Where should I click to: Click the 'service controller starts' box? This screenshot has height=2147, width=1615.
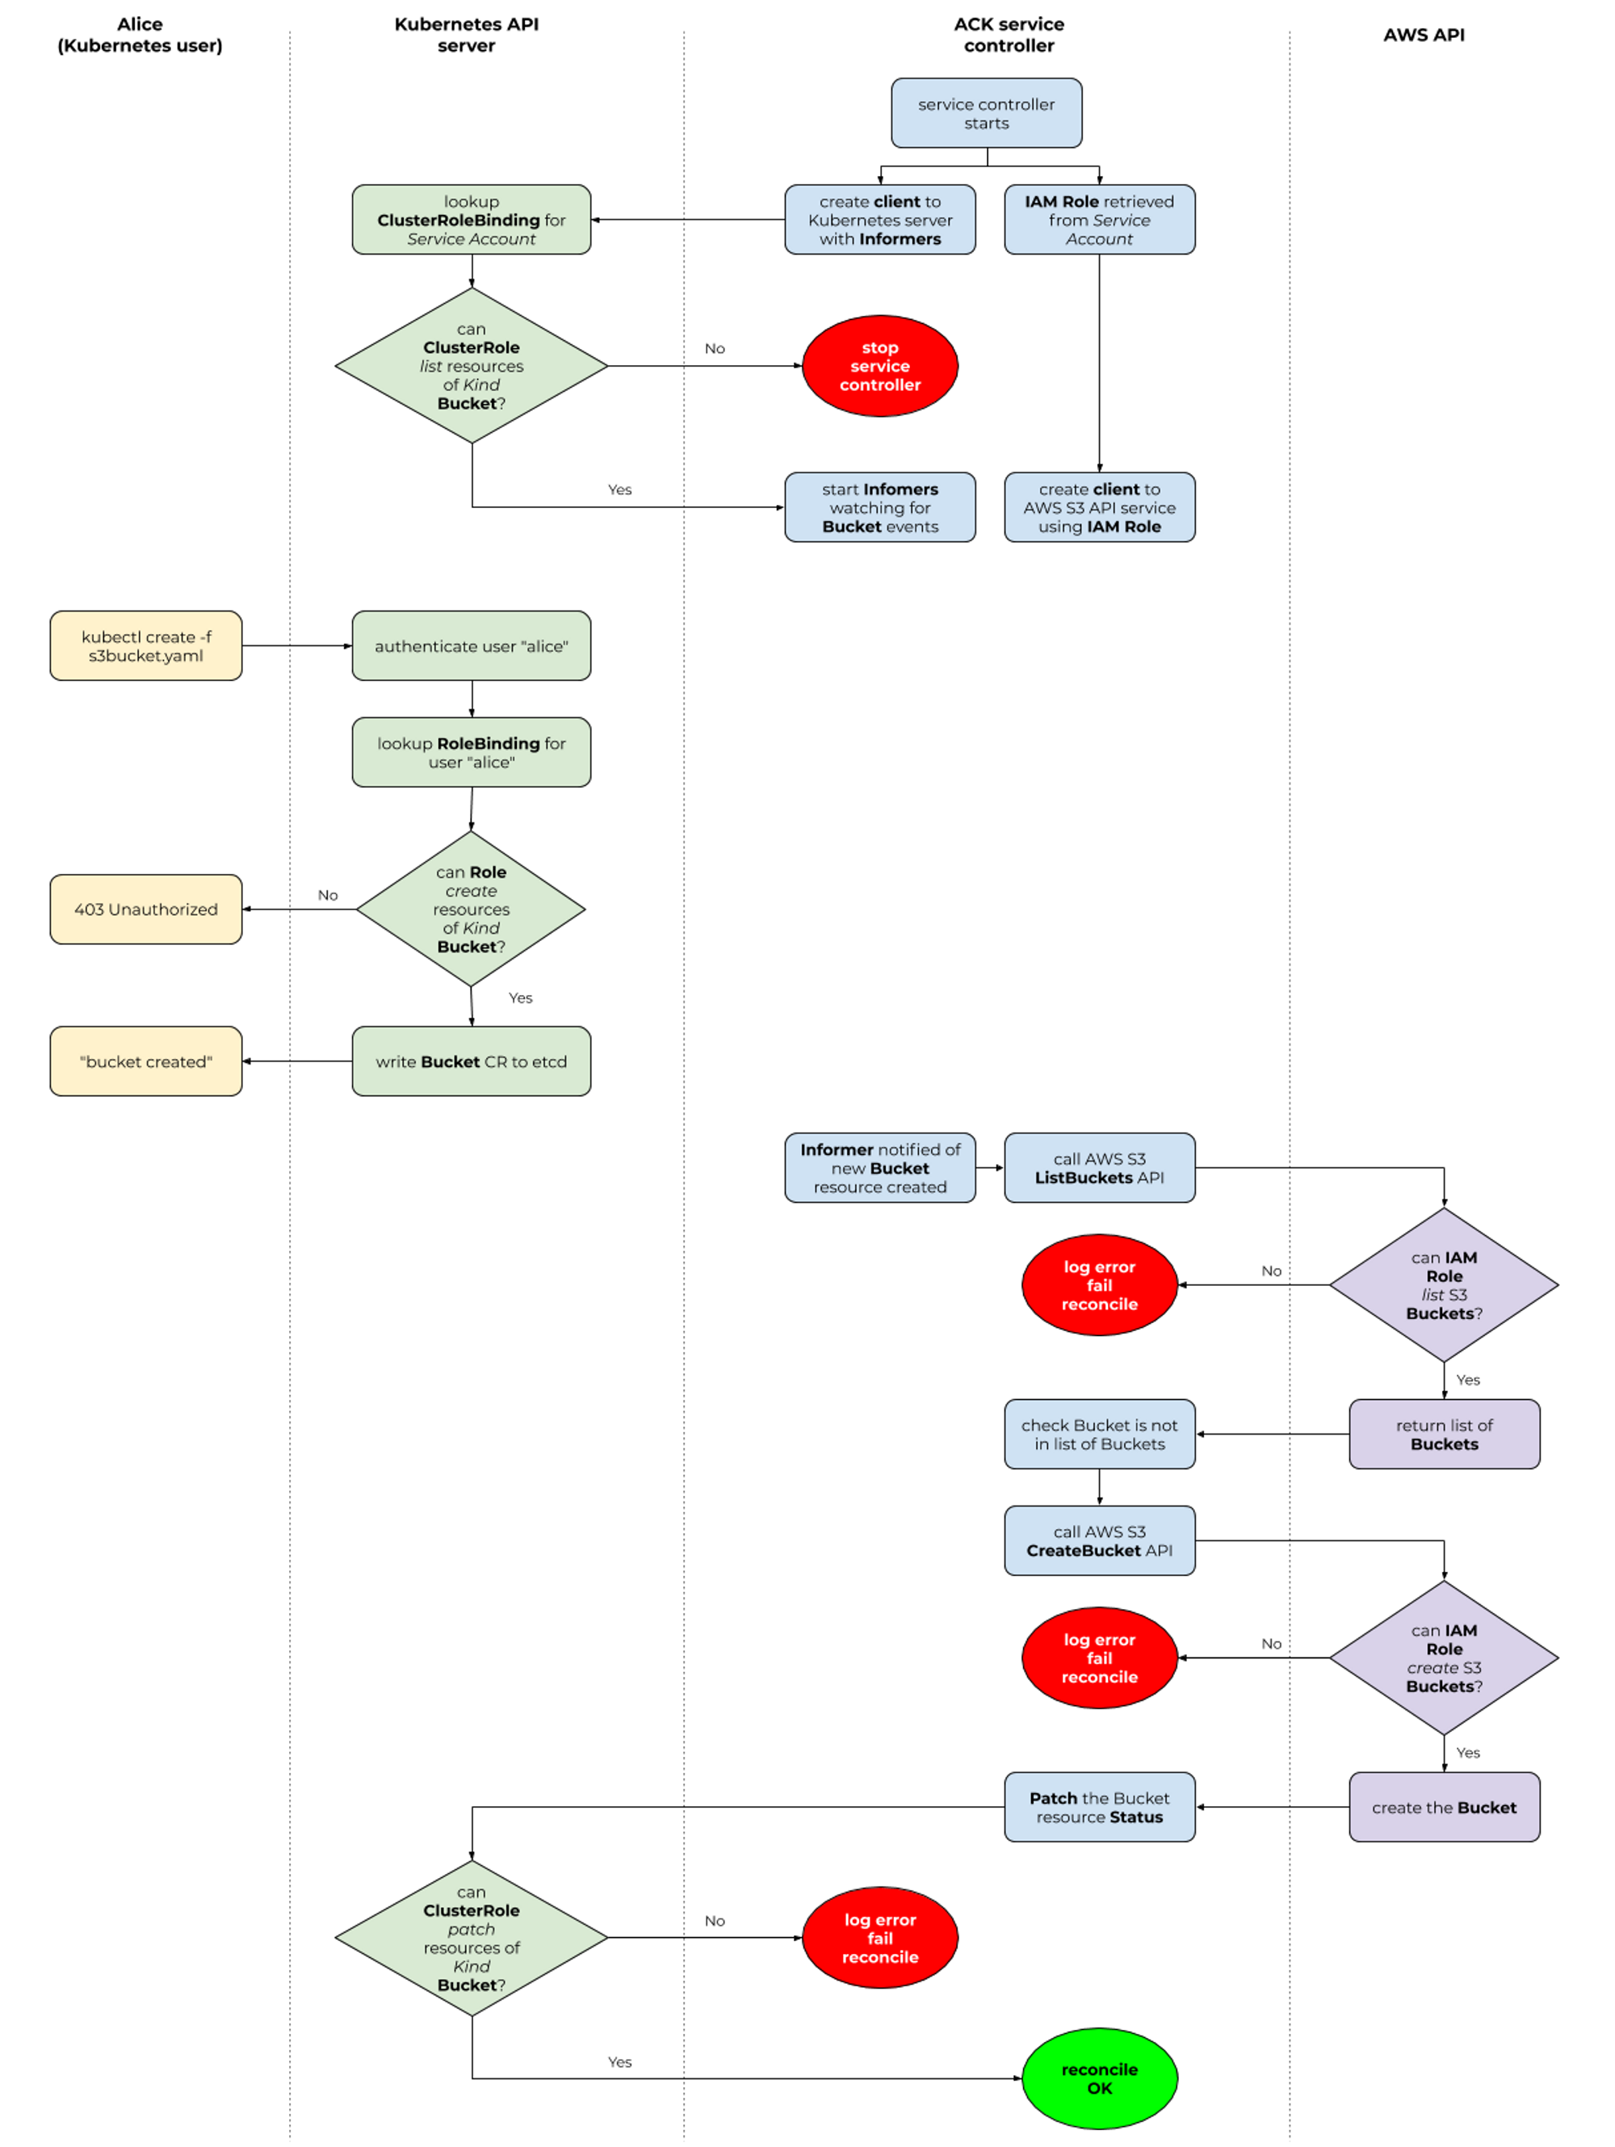point(986,114)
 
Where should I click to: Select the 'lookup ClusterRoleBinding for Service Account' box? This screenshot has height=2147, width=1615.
point(471,221)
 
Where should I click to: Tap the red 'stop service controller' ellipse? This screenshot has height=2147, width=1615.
point(879,366)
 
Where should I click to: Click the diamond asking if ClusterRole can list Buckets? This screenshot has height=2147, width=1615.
point(471,366)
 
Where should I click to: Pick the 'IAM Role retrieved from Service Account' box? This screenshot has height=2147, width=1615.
point(1099,221)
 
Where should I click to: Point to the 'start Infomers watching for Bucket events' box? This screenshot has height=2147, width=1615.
point(879,507)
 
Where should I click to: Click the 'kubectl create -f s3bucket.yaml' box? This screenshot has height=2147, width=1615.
point(145,646)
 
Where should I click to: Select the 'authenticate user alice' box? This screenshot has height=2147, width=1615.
point(471,646)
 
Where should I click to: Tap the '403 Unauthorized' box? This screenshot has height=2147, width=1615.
point(145,910)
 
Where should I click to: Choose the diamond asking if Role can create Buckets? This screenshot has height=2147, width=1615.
point(471,910)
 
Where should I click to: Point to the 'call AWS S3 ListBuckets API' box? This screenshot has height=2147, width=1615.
point(1099,1169)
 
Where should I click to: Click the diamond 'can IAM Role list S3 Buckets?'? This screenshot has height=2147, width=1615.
point(1443,1285)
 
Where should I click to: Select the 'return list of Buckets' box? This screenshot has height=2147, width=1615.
point(1443,1435)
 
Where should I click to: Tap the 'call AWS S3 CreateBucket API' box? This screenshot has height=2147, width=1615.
point(1099,1541)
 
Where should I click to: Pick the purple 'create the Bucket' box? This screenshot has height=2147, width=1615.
point(1443,1807)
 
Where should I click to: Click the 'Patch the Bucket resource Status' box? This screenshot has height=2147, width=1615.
point(1099,1807)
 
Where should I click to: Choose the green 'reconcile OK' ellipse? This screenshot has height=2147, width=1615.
point(1099,2078)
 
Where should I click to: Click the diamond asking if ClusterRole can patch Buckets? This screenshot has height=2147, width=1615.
point(471,1939)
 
